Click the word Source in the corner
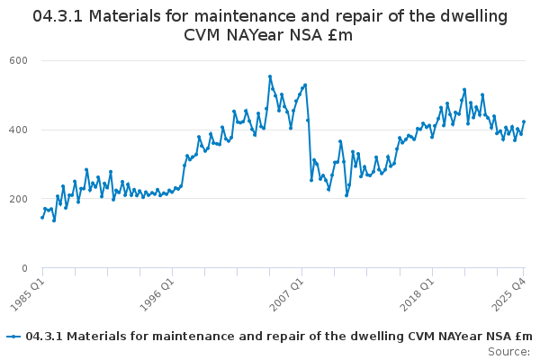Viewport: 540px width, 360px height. [x=508, y=351]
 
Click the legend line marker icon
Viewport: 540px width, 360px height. [x=13, y=337]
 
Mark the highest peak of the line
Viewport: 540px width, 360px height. [x=270, y=76]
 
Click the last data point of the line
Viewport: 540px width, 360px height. [x=524, y=121]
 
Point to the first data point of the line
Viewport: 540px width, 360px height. [x=41, y=217]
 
